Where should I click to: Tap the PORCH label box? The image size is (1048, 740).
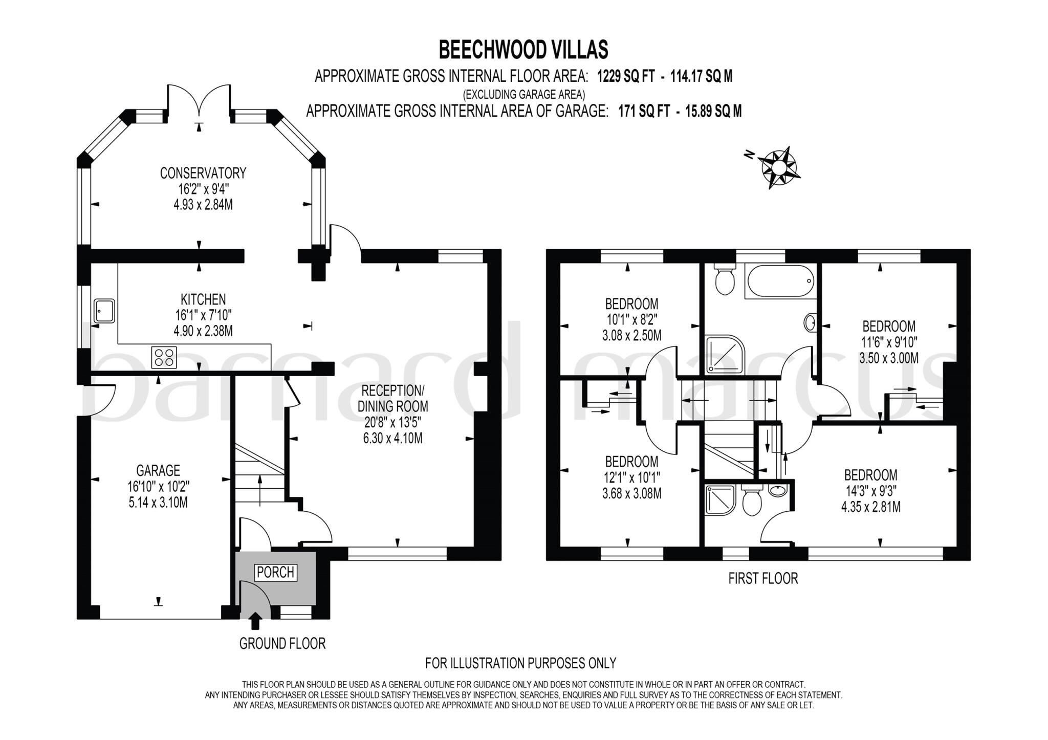point(275,572)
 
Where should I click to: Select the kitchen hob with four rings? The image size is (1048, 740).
point(164,357)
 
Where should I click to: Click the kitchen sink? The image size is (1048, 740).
point(104,311)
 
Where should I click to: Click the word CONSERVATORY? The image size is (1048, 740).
point(203,173)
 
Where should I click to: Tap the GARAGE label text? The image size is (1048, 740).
point(158,470)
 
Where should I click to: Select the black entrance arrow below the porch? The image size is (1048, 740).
point(255,621)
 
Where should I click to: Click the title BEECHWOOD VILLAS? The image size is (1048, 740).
point(523,50)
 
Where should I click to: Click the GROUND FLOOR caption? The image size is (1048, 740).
point(282,643)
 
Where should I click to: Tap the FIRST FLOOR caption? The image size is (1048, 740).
point(763,578)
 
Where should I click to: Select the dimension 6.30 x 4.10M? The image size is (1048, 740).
point(392,438)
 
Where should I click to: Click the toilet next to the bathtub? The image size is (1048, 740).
point(725,279)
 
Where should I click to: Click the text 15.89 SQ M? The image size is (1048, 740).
point(713,111)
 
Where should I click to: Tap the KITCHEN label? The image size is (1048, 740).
point(203,299)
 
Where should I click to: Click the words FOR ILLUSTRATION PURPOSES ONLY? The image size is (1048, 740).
point(520,663)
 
